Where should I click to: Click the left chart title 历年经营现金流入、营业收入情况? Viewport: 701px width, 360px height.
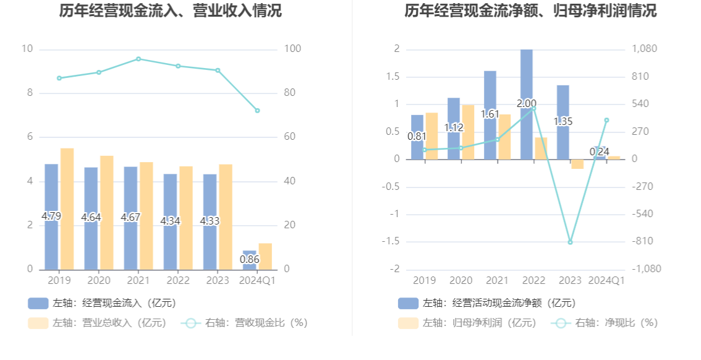[170, 11]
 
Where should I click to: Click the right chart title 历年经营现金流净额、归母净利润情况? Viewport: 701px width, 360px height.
[530, 11]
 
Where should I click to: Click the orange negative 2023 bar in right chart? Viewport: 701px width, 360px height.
[577, 164]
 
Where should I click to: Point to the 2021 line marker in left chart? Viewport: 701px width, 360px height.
[138, 59]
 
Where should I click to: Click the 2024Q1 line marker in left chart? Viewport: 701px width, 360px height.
[257, 111]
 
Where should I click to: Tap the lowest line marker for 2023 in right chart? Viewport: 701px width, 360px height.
[570, 242]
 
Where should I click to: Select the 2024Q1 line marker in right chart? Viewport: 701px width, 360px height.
[606, 120]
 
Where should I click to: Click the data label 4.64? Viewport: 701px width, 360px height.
[91, 217]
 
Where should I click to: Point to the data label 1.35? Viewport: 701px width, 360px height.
[563, 121]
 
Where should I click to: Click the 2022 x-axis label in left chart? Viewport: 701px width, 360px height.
[178, 281]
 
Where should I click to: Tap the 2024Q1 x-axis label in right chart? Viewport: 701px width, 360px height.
[606, 281]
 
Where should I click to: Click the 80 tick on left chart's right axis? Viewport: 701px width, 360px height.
[290, 93]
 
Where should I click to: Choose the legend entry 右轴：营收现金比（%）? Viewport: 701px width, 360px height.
[244, 323]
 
